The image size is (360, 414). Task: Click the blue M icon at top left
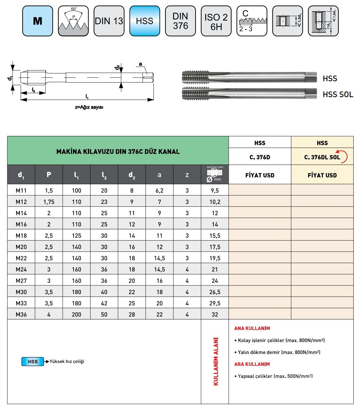pyautogui.click(x=37, y=21)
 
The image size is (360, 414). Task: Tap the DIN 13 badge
pyautogui.click(x=109, y=21)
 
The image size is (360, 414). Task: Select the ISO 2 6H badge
pyautogui.click(x=216, y=21)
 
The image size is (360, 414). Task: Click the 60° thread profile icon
pyautogui.click(x=73, y=21)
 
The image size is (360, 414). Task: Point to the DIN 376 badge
pyautogui.click(x=180, y=21)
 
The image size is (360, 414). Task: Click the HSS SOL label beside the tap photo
pyautogui.click(x=337, y=94)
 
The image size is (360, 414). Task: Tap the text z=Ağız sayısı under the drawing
pyautogui.click(x=89, y=107)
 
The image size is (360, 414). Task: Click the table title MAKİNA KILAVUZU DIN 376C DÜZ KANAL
pyautogui.click(x=118, y=152)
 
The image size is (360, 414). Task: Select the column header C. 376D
pyautogui.click(x=260, y=157)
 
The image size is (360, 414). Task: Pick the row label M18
pyautogui.click(x=21, y=236)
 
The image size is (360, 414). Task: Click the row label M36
pyautogui.click(x=21, y=315)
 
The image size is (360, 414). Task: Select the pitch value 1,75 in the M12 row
pyautogui.click(x=49, y=202)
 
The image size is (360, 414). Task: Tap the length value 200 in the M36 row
pyautogui.click(x=76, y=315)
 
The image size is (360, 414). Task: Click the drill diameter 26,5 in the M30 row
pyautogui.click(x=214, y=292)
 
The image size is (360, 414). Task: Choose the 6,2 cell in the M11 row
pyautogui.click(x=159, y=191)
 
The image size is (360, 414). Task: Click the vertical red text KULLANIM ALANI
pyautogui.click(x=216, y=362)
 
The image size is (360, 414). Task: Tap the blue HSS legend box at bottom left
pyautogui.click(x=32, y=362)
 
